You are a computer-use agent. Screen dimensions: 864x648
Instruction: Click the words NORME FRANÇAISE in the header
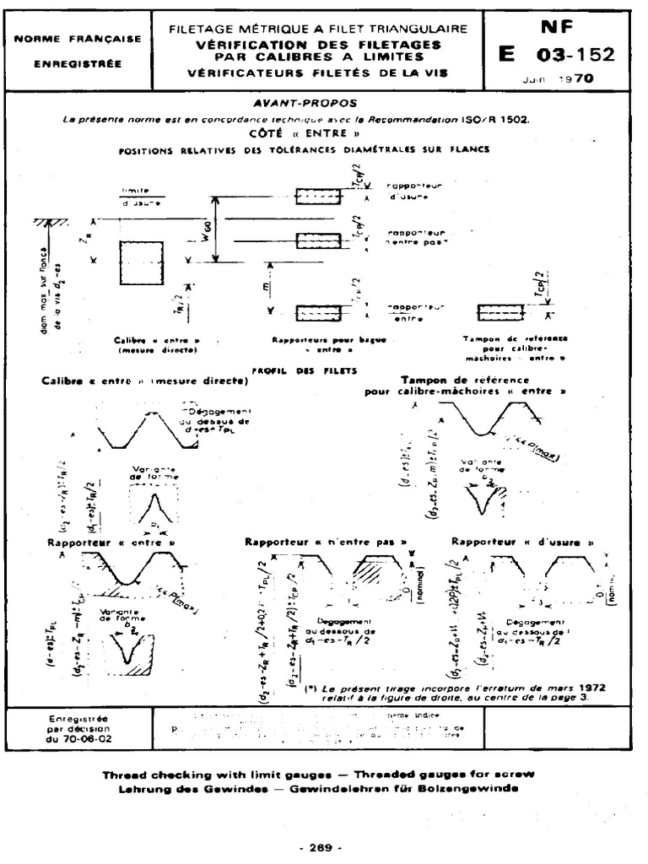coord(78,38)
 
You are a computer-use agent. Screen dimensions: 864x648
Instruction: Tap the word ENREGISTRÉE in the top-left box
coord(78,63)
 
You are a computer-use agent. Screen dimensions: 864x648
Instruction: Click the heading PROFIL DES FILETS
coord(305,370)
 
